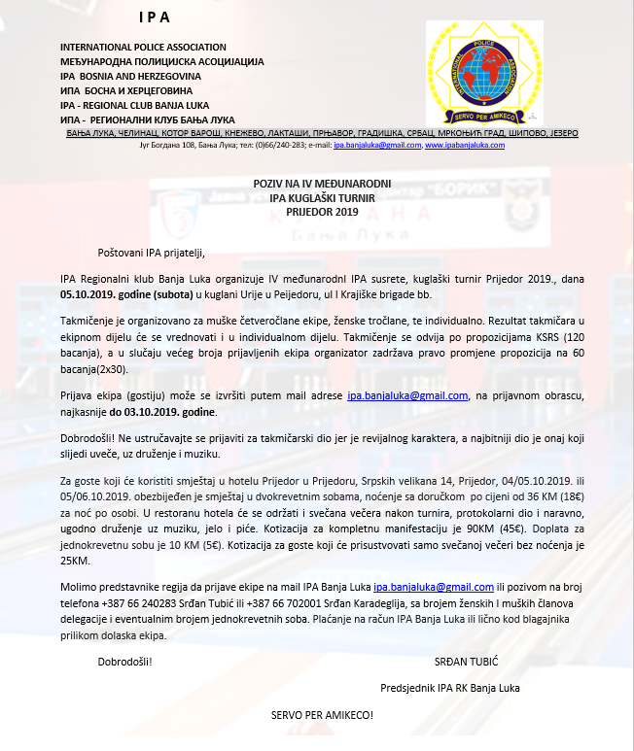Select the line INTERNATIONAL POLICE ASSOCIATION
143,48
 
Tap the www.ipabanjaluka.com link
465,145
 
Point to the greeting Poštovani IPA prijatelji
152,256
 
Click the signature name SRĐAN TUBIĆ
467,662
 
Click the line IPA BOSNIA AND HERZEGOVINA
130,76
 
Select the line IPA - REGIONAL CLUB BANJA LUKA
141,105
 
